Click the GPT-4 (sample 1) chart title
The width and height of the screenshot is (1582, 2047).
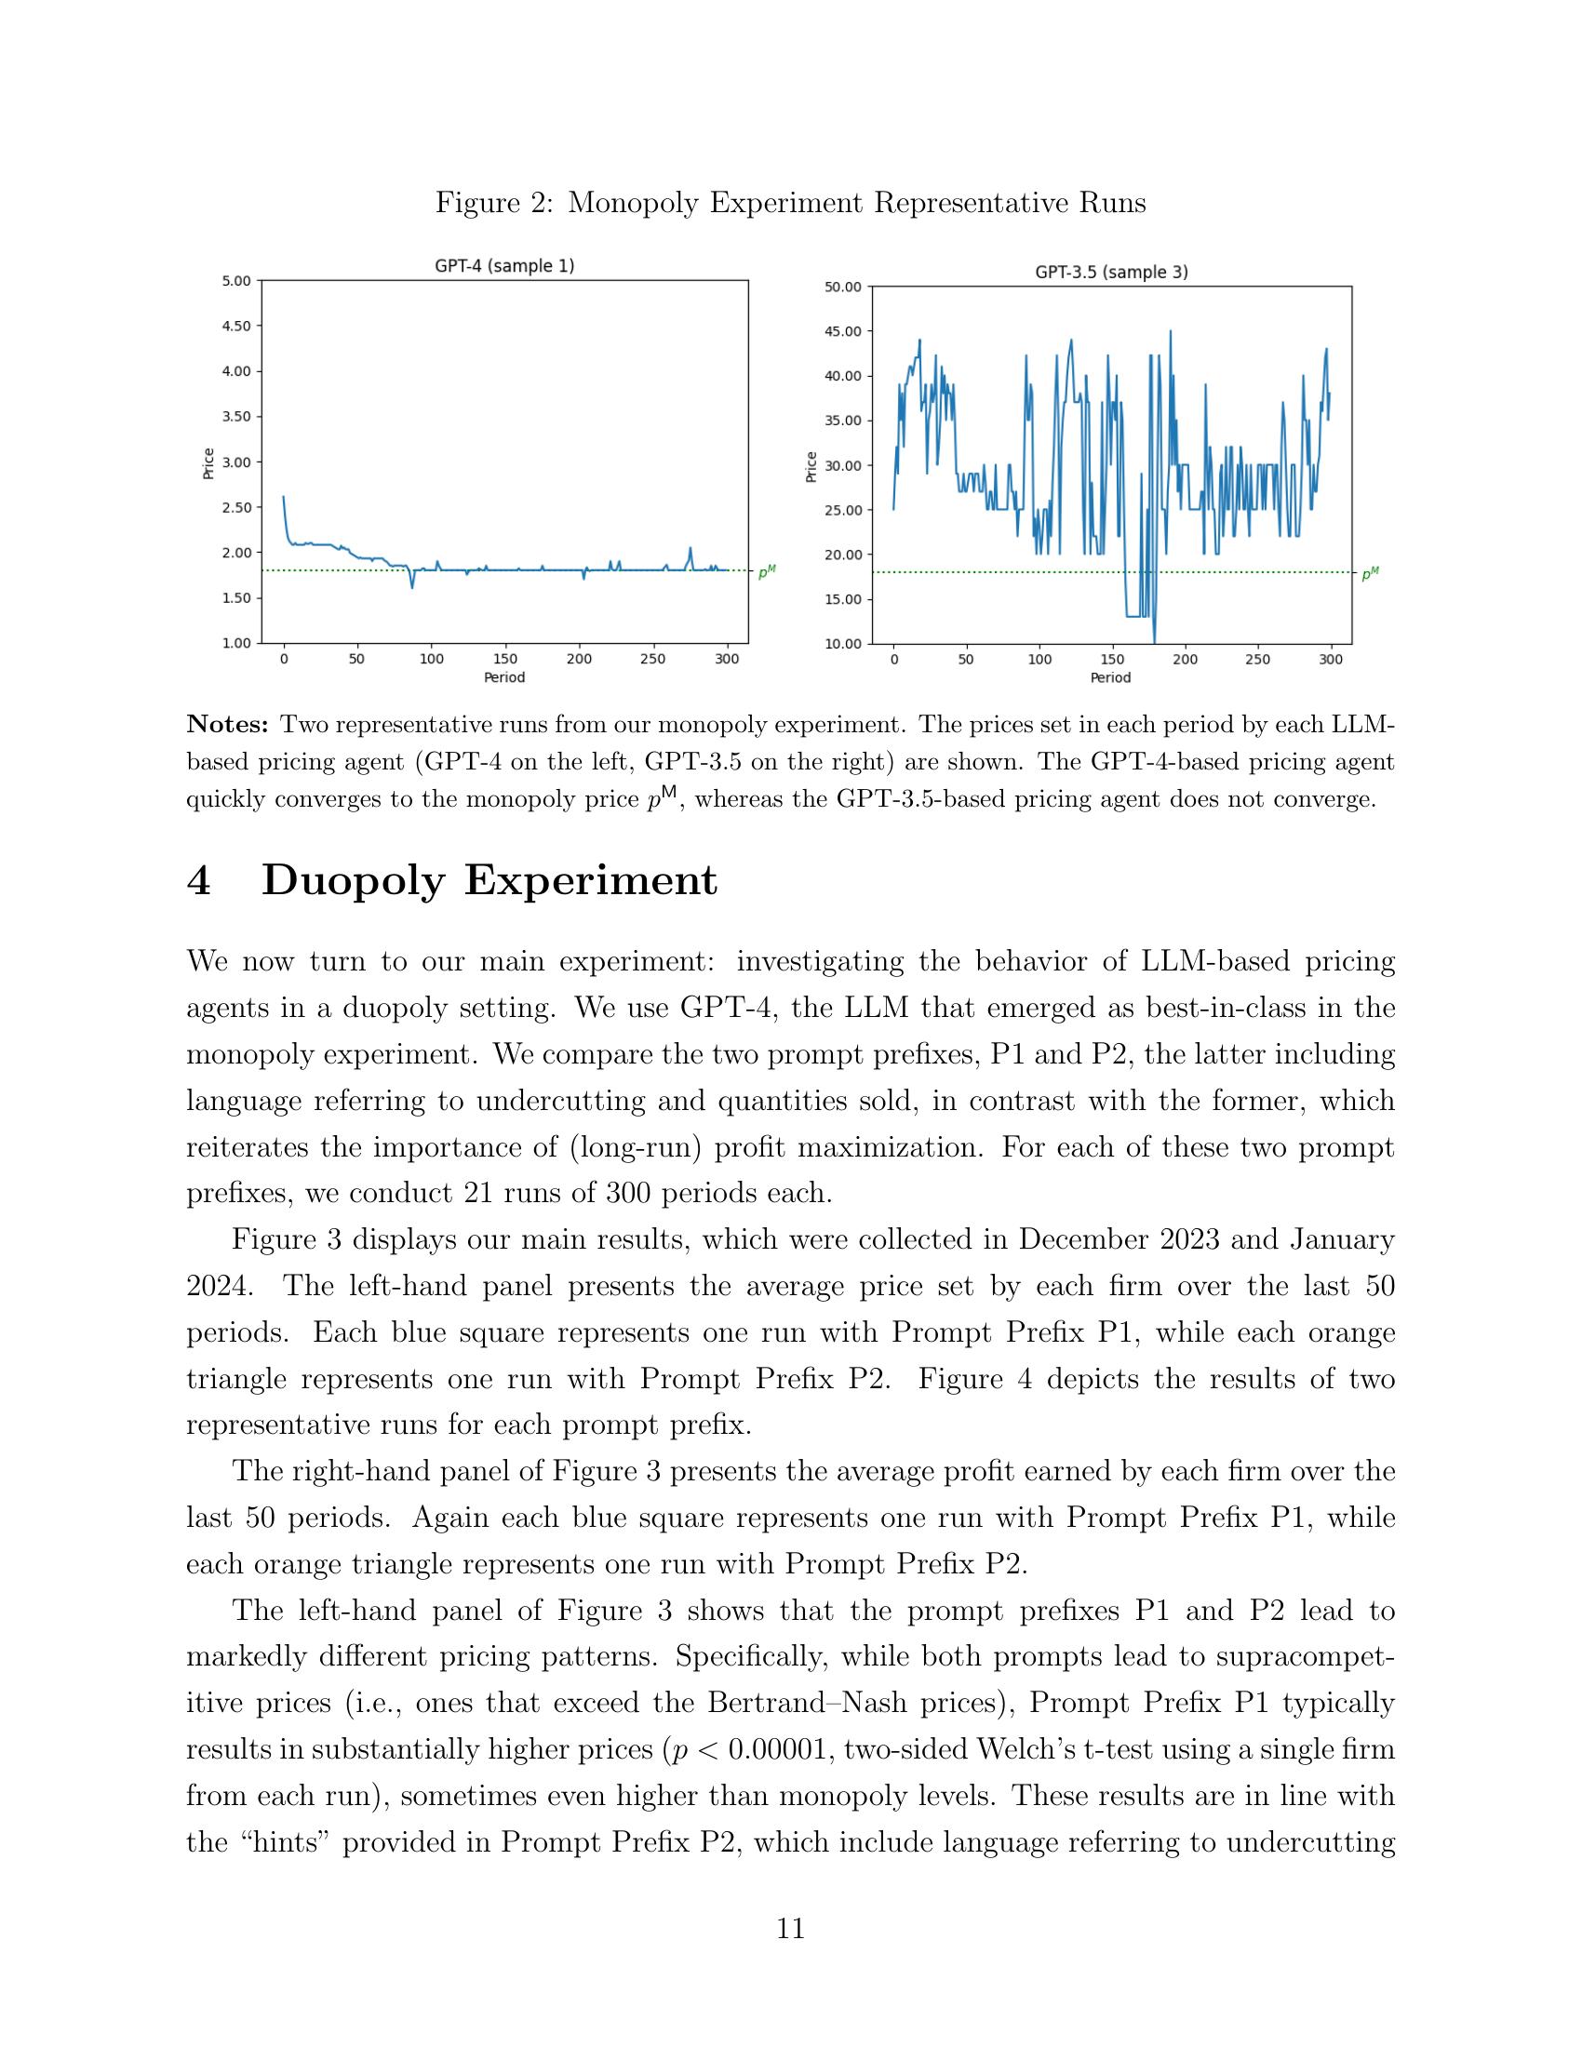(x=504, y=266)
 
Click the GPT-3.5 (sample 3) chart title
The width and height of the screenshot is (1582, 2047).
(x=1110, y=273)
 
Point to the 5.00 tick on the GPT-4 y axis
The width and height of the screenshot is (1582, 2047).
(x=236, y=280)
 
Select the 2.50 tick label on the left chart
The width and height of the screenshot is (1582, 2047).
(x=236, y=507)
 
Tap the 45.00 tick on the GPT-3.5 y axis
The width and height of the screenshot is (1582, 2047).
(x=841, y=331)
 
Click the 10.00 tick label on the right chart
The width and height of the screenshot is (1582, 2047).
(x=841, y=643)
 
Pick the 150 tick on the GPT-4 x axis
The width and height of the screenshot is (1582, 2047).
(x=504, y=659)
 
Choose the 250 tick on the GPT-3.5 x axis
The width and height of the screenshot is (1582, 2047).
(x=1258, y=659)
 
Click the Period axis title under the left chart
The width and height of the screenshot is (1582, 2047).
(x=504, y=676)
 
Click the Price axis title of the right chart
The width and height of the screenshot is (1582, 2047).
(x=811, y=466)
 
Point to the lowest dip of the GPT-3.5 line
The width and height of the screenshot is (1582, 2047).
(x=1155, y=639)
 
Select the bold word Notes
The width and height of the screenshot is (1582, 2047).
(x=229, y=724)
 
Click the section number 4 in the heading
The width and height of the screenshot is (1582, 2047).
(x=199, y=880)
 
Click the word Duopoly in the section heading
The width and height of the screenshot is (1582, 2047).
(x=353, y=881)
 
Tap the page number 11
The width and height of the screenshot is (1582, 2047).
(x=790, y=1930)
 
